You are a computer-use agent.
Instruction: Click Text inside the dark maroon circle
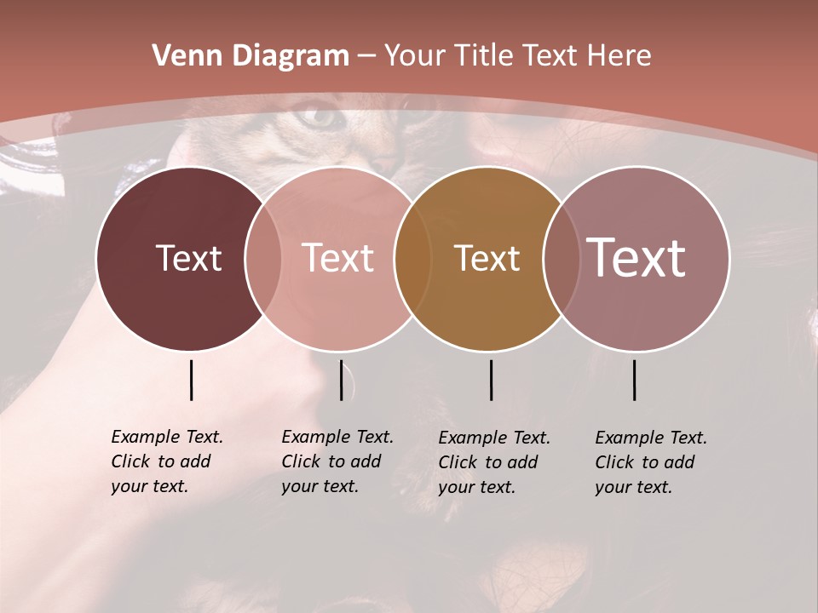tap(188, 258)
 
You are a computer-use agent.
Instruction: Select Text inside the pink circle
tap(337, 258)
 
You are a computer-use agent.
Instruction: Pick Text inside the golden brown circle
tap(487, 258)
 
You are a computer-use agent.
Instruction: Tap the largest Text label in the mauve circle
tap(637, 258)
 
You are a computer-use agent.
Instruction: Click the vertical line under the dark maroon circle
tap(192, 380)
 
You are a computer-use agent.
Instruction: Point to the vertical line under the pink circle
tap(341, 380)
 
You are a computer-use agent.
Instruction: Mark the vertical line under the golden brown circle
tap(492, 380)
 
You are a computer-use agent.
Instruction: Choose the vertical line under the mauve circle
tap(635, 380)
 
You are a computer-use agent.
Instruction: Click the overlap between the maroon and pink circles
tap(263, 258)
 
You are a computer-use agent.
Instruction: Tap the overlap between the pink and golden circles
tap(411, 258)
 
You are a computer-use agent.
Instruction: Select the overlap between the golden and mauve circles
tap(559, 258)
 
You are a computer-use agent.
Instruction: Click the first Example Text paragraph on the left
tap(166, 461)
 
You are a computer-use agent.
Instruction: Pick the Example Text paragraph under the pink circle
tap(337, 461)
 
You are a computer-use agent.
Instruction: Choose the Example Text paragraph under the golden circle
tap(493, 462)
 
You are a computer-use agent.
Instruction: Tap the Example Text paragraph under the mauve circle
tap(650, 462)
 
